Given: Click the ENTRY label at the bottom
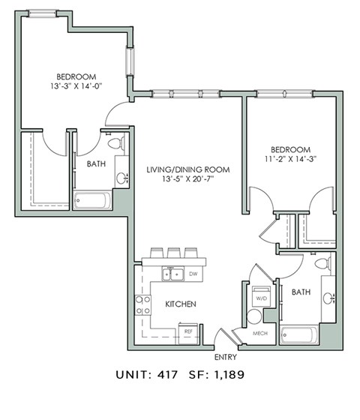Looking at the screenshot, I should (225, 357).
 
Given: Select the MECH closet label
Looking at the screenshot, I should (260, 332).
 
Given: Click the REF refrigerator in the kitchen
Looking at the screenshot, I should (188, 330).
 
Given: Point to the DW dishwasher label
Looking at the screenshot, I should (193, 274).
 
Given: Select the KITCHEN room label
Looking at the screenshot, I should (180, 304).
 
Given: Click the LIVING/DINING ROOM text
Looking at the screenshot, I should (187, 170).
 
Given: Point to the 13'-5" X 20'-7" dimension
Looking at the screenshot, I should (187, 181).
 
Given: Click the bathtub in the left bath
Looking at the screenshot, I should (92, 201).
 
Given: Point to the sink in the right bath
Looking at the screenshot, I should (328, 298).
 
